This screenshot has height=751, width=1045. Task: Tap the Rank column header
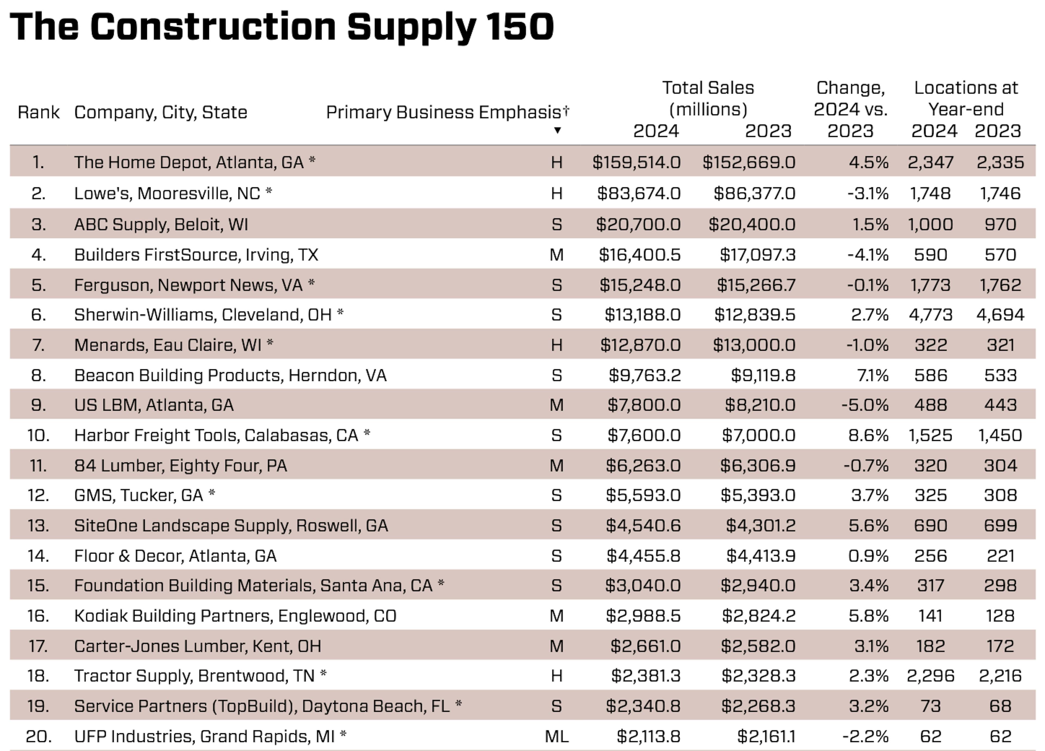tap(39, 112)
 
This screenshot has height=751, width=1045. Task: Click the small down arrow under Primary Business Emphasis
tap(557, 130)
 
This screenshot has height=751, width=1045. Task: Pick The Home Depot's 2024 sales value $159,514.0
tap(636, 162)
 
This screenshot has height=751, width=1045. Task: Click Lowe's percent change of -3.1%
tap(868, 193)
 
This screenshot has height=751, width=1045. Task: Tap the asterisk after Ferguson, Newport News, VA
tap(312, 282)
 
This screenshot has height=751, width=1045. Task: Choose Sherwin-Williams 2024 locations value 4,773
tap(930, 315)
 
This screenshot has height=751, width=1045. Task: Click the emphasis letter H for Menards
tap(557, 345)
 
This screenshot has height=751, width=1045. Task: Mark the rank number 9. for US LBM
tap(38, 405)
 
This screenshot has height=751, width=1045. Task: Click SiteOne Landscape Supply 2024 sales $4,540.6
tap(643, 526)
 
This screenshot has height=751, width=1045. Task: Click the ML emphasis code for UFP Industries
tap(557, 736)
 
